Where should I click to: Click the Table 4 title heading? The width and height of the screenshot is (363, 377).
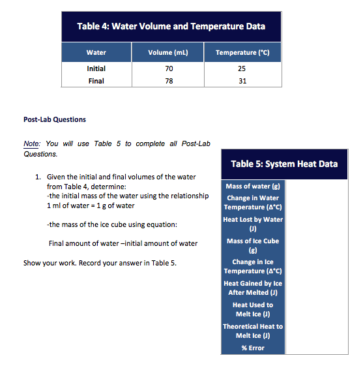click(171, 27)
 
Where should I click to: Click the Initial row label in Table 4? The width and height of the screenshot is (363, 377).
click(96, 68)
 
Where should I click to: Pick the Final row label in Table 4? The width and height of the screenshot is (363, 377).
click(96, 81)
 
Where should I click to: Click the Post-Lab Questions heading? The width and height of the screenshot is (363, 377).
click(54, 119)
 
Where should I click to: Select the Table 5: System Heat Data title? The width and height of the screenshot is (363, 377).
click(284, 164)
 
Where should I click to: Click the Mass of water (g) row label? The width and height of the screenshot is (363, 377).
click(253, 187)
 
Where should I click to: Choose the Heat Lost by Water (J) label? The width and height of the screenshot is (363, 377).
click(253, 224)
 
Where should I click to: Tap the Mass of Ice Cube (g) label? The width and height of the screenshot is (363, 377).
click(253, 245)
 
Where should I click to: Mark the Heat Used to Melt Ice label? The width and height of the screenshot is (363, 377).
click(253, 309)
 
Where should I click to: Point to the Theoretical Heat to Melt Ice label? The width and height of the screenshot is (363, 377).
click(253, 331)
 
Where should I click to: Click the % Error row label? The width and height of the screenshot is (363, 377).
click(253, 348)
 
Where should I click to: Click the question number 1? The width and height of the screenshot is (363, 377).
click(38, 177)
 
